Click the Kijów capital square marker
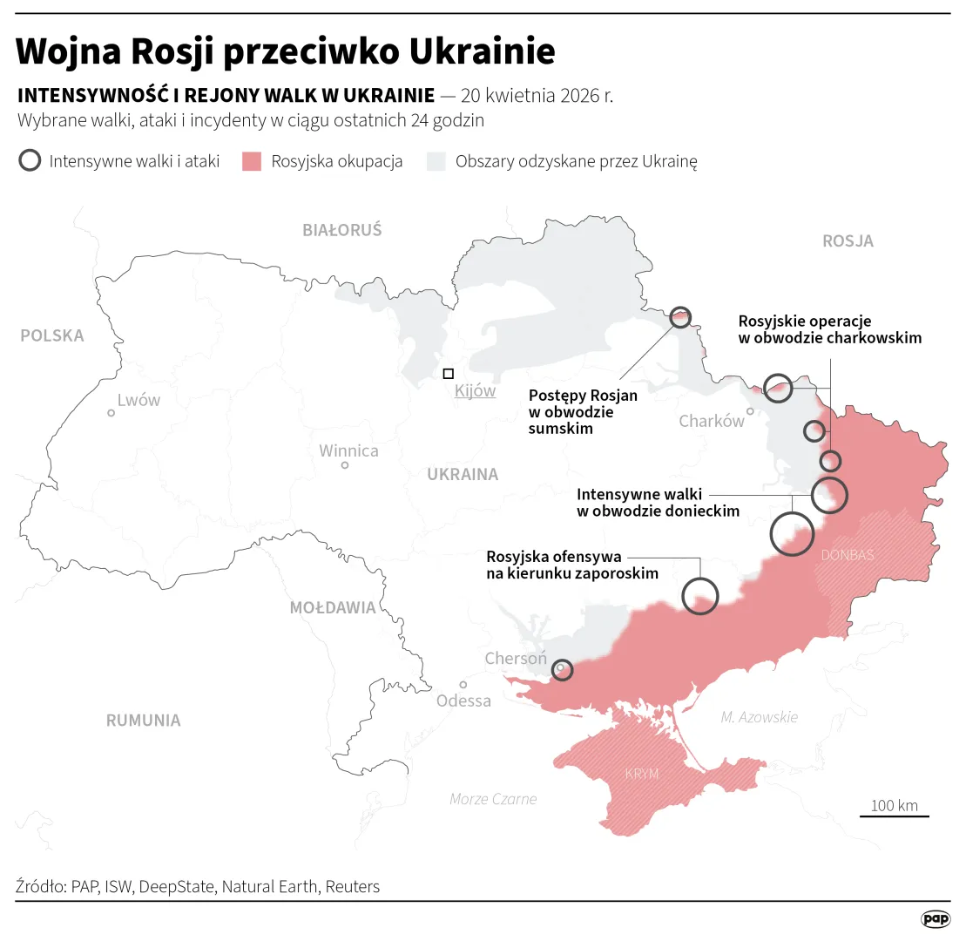pyautogui.click(x=448, y=374)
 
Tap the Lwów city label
pyautogui.click(x=138, y=401)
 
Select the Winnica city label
pyautogui.click(x=348, y=451)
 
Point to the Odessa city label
pyautogui.click(x=463, y=701)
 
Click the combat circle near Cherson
pyautogui.click(x=563, y=670)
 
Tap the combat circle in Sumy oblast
pyautogui.click(x=680, y=317)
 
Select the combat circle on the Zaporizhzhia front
pyautogui.click(x=700, y=597)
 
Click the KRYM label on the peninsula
pyautogui.click(x=641, y=774)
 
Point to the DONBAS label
pyautogui.click(x=847, y=555)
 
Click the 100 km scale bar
pyautogui.click(x=895, y=816)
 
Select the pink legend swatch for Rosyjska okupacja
pyautogui.click(x=252, y=161)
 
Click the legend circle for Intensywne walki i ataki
pyautogui.click(x=30, y=161)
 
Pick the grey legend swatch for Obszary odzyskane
pyautogui.click(x=436, y=161)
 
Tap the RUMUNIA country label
pyautogui.click(x=144, y=721)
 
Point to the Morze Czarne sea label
pyautogui.click(x=493, y=799)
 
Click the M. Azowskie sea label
pyautogui.click(x=759, y=717)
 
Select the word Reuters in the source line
pyautogui.click(x=352, y=887)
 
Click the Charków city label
pyautogui.click(x=712, y=422)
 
